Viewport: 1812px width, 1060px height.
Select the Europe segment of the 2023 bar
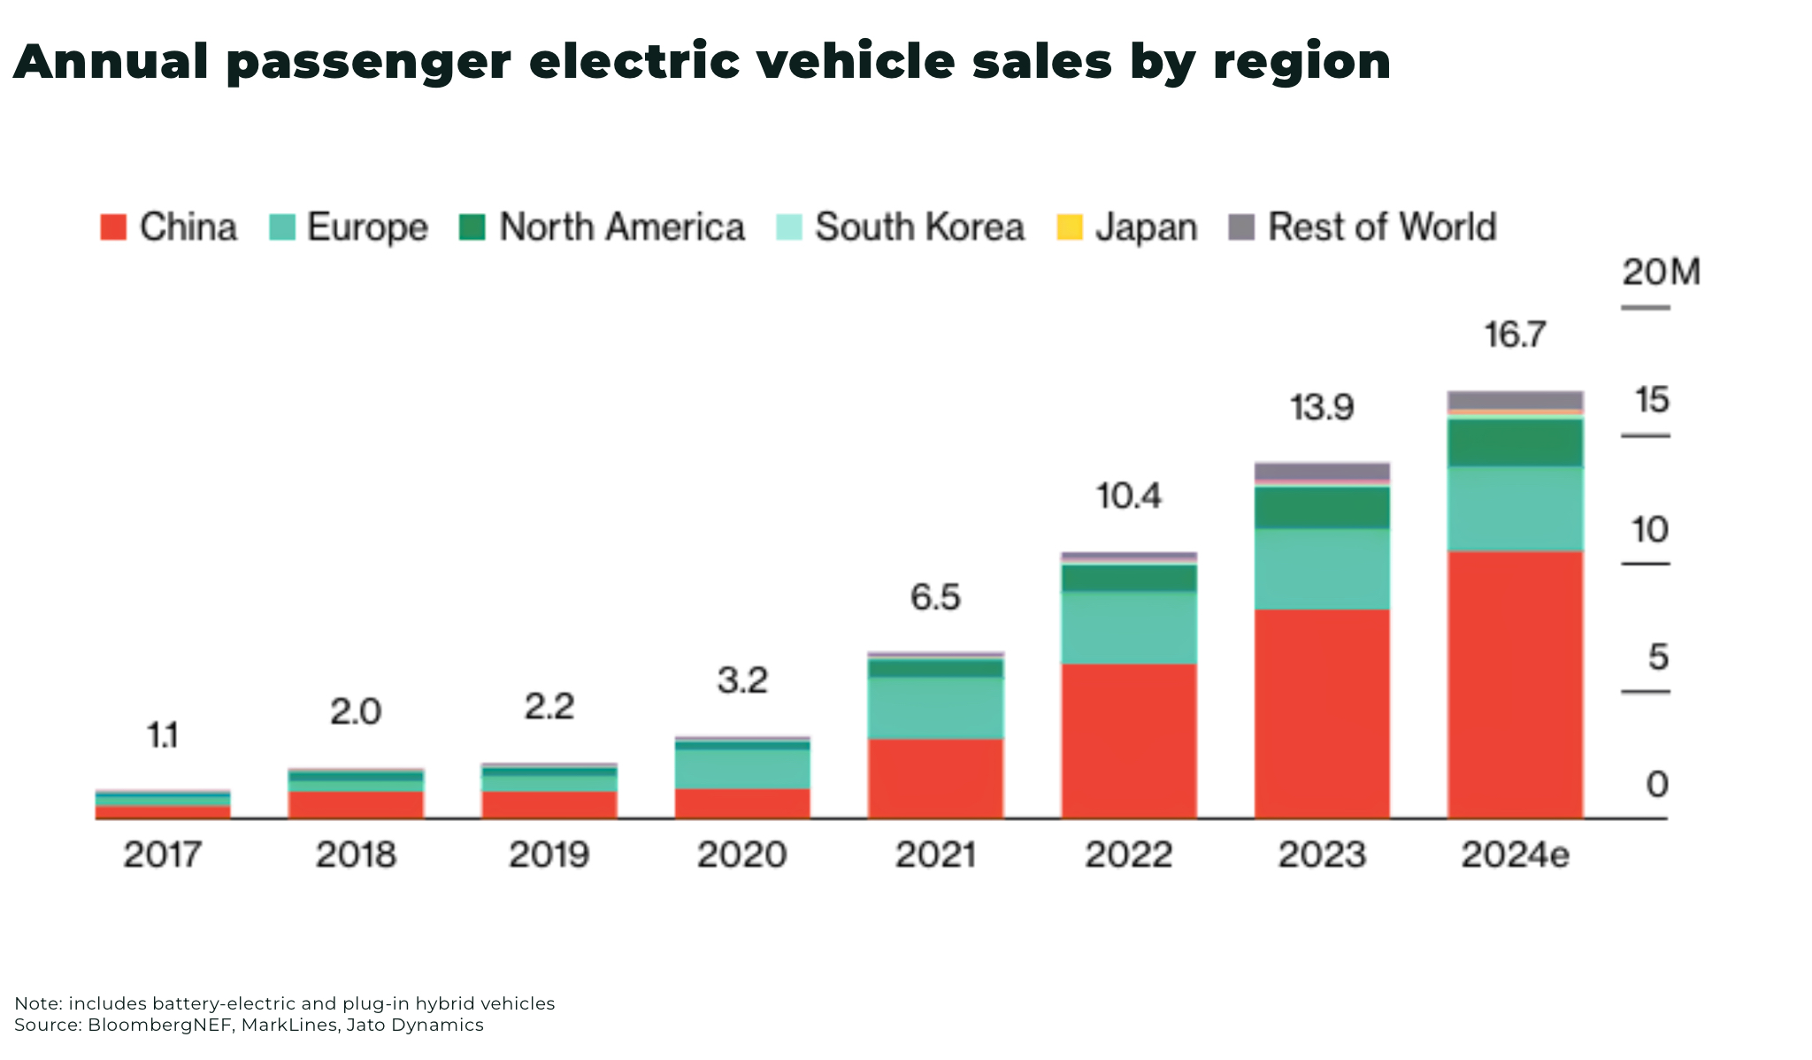[x=1322, y=569]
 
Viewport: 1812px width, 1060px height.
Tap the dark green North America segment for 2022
[x=1129, y=578]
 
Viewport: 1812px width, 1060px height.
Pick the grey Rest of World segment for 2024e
[x=1515, y=400]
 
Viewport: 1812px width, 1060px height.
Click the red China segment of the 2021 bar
[x=935, y=778]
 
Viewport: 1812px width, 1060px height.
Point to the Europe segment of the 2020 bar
[x=742, y=769]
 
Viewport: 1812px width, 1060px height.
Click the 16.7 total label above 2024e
[x=1515, y=335]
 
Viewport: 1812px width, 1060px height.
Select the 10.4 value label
[x=1129, y=496]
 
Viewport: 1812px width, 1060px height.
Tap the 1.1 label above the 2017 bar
[x=162, y=735]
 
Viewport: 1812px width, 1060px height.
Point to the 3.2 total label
[x=742, y=680]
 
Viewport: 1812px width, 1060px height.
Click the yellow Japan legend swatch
[x=1070, y=227]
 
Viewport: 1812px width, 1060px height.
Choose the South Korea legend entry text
[x=919, y=227]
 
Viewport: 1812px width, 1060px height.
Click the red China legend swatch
[x=113, y=227]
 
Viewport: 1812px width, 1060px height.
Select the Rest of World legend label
[x=1382, y=227]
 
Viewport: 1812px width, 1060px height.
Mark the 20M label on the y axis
[x=1661, y=273]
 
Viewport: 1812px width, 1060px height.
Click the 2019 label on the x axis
[x=549, y=855]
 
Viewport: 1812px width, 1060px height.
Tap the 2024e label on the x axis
[x=1515, y=855]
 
